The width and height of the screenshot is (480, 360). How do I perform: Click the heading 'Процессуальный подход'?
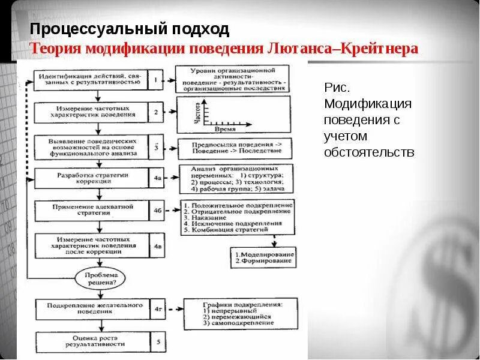(x=130, y=29)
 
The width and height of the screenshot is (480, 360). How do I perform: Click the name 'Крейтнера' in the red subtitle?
(x=380, y=49)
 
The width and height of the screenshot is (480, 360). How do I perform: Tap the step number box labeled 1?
(x=155, y=80)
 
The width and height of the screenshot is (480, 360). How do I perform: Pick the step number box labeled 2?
(x=155, y=112)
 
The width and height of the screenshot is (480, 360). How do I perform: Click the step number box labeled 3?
(x=155, y=145)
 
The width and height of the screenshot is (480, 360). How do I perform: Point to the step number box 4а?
(x=157, y=178)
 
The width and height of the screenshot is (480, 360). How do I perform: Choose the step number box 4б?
(x=157, y=211)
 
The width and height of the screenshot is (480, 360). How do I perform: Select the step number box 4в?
(x=157, y=245)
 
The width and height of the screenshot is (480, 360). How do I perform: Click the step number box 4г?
(x=157, y=309)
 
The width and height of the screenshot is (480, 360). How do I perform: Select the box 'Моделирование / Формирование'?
(x=264, y=257)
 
